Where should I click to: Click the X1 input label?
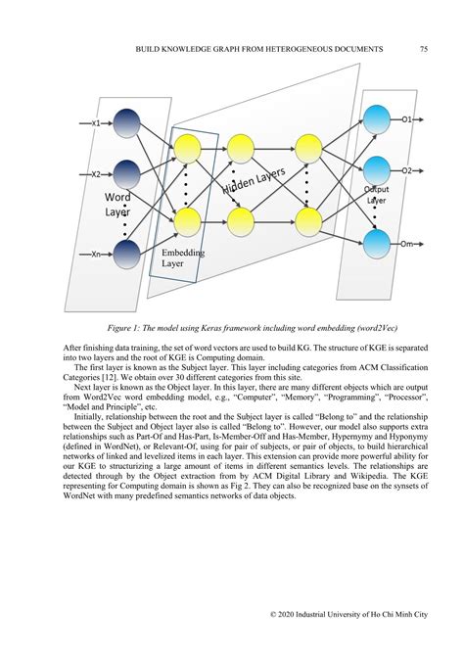(x=95, y=123)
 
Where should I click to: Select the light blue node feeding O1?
(x=376, y=120)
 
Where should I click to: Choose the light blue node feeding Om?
(x=376, y=243)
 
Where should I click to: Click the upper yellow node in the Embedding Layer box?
(x=188, y=148)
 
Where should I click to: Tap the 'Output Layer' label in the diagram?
(x=376, y=194)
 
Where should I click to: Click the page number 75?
(x=423, y=48)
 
